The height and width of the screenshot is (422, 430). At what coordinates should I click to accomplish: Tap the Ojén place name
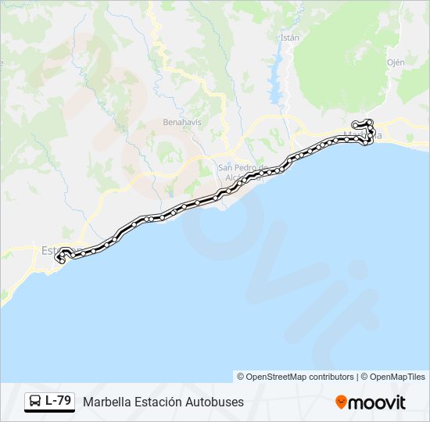click(396, 61)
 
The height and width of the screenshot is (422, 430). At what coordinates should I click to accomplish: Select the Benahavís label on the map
click(182, 123)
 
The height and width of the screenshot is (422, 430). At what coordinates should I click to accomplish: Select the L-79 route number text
click(58, 401)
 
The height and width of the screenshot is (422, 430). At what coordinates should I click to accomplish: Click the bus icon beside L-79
click(35, 402)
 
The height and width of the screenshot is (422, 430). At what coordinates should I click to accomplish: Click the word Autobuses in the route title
click(213, 402)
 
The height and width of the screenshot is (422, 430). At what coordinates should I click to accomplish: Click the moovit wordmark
click(377, 402)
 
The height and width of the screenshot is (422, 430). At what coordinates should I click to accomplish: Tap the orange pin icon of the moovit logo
click(341, 402)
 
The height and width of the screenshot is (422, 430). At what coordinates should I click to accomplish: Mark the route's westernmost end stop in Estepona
click(60, 259)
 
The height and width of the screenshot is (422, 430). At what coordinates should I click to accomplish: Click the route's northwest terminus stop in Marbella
click(355, 123)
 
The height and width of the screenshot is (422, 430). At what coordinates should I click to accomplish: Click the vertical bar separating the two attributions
click(357, 377)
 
